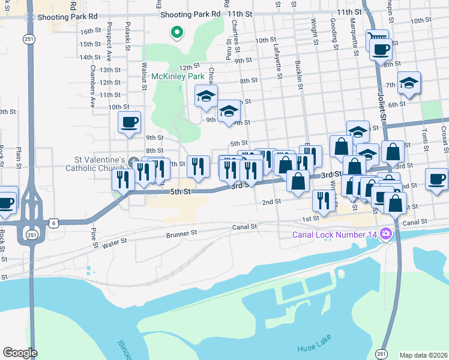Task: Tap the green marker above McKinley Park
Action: [177, 32]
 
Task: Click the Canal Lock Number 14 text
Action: [335, 234]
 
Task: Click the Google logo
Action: [20, 352]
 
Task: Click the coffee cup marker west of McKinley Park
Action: [130, 123]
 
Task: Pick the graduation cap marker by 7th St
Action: [409, 83]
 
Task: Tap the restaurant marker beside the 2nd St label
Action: [324, 201]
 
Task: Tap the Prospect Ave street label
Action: [109, 46]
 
